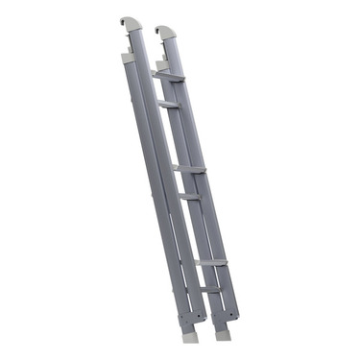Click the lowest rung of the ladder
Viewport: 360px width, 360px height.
pyautogui.click(x=211, y=289)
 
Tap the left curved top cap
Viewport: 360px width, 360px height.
pyautogui.click(x=132, y=25)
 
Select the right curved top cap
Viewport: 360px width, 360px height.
pyautogui.click(x=166, y=33)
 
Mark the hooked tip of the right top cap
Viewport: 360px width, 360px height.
pyautogui.click(x=157, y=30)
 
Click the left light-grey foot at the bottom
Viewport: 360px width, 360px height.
pyautogui.click(x=189, y=336)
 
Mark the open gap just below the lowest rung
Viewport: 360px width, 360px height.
pyautogui.click(x=213, y=300)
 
